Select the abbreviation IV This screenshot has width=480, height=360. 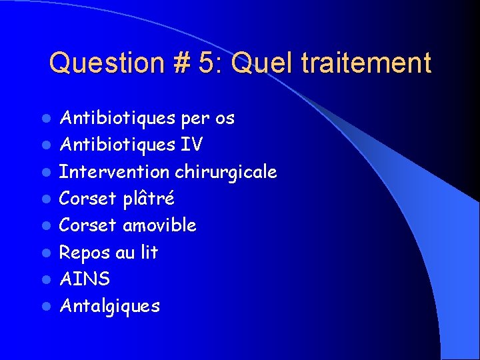coord(192,145)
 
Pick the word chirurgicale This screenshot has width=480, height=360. coord(226,172)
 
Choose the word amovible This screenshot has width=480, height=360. coord(159,225)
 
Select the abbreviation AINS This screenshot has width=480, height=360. coord(85,279)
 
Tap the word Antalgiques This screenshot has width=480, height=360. coord(110,306)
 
